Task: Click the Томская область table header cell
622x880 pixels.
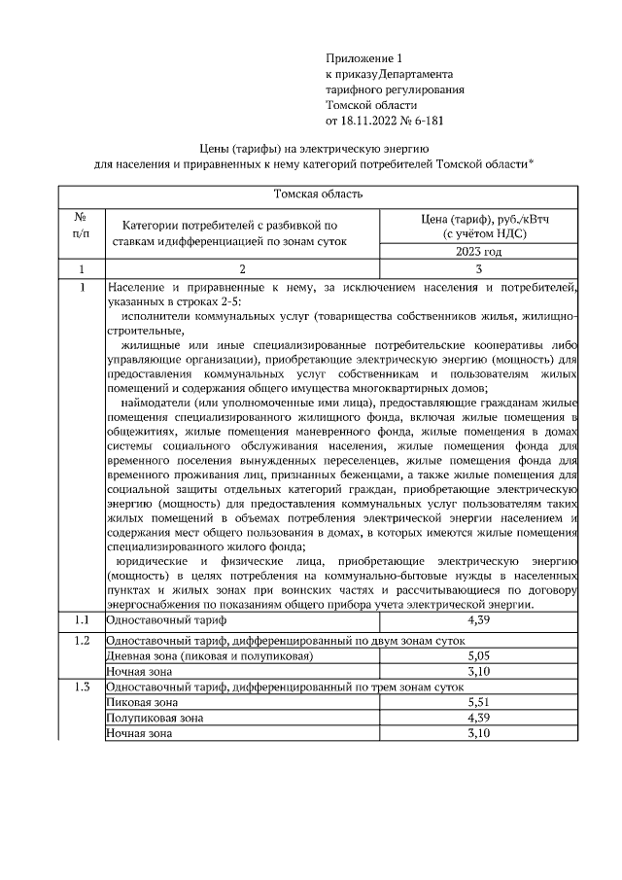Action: tap(320, 194)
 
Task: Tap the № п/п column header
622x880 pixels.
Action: tap(82, 227)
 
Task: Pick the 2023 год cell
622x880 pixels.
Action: tap(477, 251)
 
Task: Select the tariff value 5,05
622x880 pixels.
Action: tap(477, 656)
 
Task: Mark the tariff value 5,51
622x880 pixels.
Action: tap(477, 701)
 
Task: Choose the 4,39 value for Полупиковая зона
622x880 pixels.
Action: tap(477, 717)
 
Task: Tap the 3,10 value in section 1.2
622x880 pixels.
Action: tap(477, 671)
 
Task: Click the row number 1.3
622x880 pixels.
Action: tap(82, 686)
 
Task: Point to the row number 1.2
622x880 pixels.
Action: tap(82, 641)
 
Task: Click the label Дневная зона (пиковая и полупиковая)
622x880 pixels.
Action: tap(209, 656)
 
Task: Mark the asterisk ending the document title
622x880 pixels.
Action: tap(532, 162)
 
